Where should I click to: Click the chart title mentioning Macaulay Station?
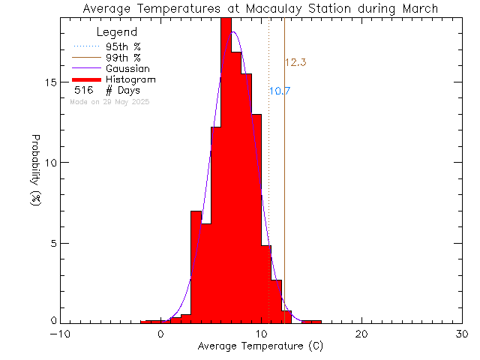tap(260, 8)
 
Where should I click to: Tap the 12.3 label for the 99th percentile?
tap(295, 62)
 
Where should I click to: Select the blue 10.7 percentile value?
tap(280, 91)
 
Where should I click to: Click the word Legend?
tap(117, 32)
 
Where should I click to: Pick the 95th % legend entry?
tap(123, 46)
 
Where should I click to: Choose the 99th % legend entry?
tap(123, 57)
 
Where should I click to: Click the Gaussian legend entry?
tap(127, 68)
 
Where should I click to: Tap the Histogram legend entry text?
tap(130, 79)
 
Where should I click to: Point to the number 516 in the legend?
tap(83, 90)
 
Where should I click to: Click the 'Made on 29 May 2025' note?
tap(109, 101)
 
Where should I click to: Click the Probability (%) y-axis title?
tap(35, 172)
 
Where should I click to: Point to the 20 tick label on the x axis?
tap(362, 334)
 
